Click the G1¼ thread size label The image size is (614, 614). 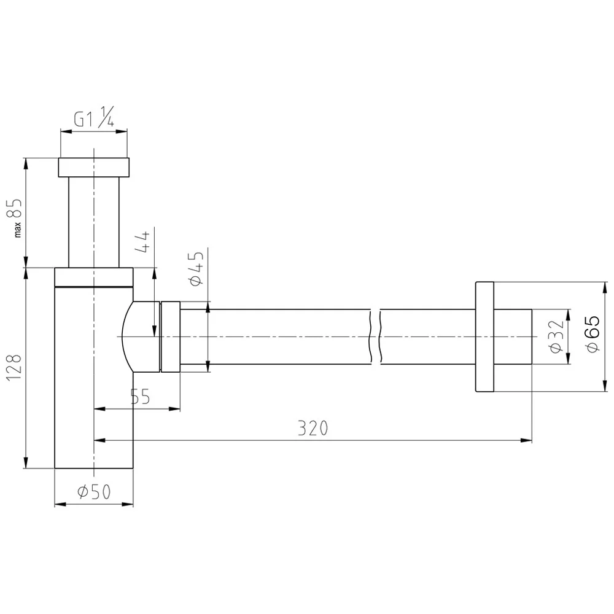(93, 119)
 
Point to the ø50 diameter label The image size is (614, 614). (93, 492)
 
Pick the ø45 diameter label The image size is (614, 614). (196, 270)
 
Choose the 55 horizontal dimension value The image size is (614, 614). (140, 397)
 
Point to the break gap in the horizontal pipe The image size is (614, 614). (376, 337)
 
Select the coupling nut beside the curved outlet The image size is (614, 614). (169, 337)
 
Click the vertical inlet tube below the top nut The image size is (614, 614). (93, 221)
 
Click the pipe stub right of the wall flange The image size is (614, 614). (513, 337)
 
